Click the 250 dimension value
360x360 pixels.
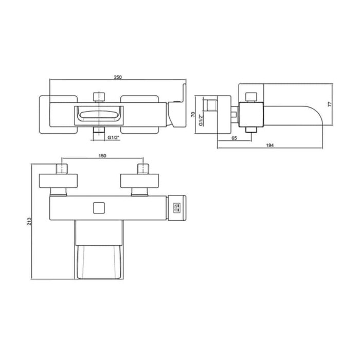click(118, 77)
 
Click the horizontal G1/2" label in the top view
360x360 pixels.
click(114, 138)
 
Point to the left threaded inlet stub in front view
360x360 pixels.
click(60, 169)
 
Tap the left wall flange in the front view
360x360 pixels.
click(60, 182)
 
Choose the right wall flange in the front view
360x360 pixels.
click(140, 182)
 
